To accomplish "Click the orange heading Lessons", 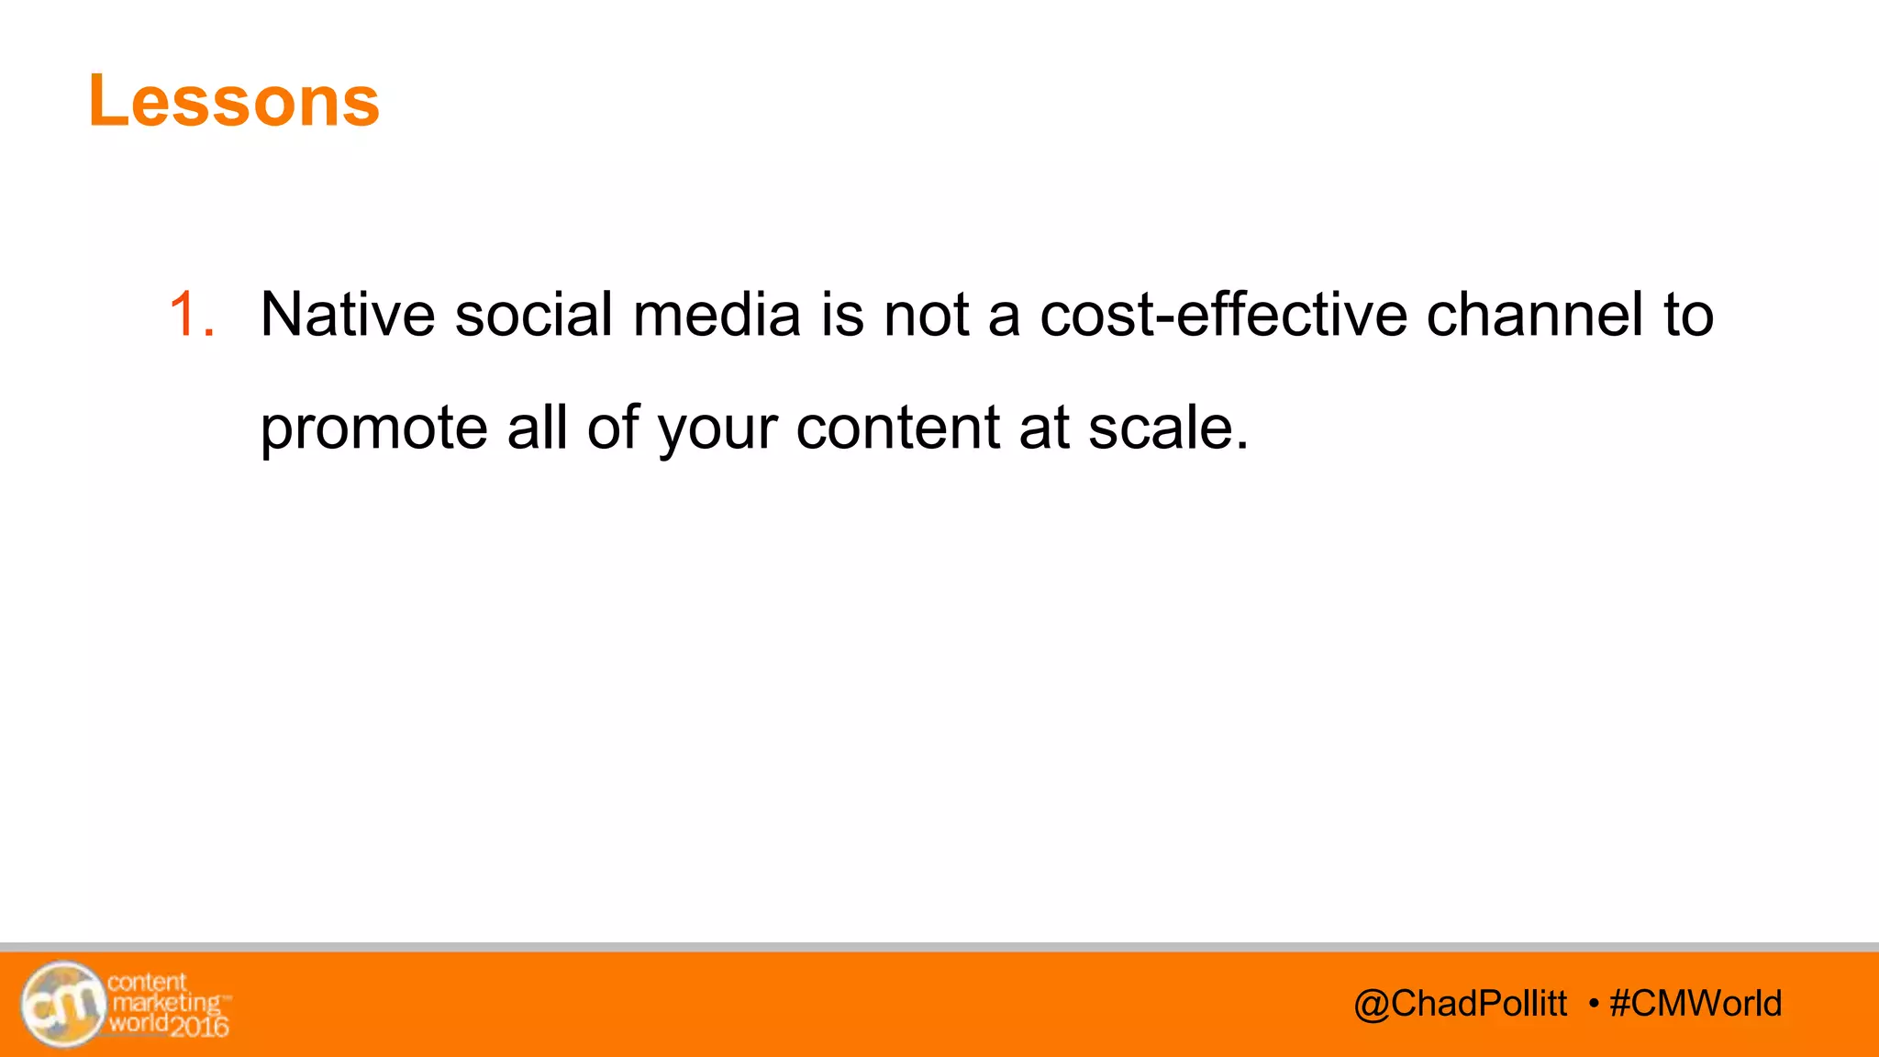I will click(x=234, y=101).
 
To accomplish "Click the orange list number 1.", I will click(x=191, y=315).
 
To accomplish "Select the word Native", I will click(x=348, y=315).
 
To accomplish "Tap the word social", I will click(x=534, y=315).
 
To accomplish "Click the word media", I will click(x=717, y=315).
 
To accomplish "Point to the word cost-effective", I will click(x=1223, y=315).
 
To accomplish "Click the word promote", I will click(x=373, y=428).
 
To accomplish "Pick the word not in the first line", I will click(x=926, y=315).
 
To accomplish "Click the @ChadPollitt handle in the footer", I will click(x=1460, y=1004).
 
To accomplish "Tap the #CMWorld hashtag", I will click(x=1696, y=1004).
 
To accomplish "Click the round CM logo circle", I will click(x=63, y=1005).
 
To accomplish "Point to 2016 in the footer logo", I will click(x=199, y=1026).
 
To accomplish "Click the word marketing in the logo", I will click(x=166, y=1003).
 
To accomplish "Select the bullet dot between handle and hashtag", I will click(x=1594, y=1003).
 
